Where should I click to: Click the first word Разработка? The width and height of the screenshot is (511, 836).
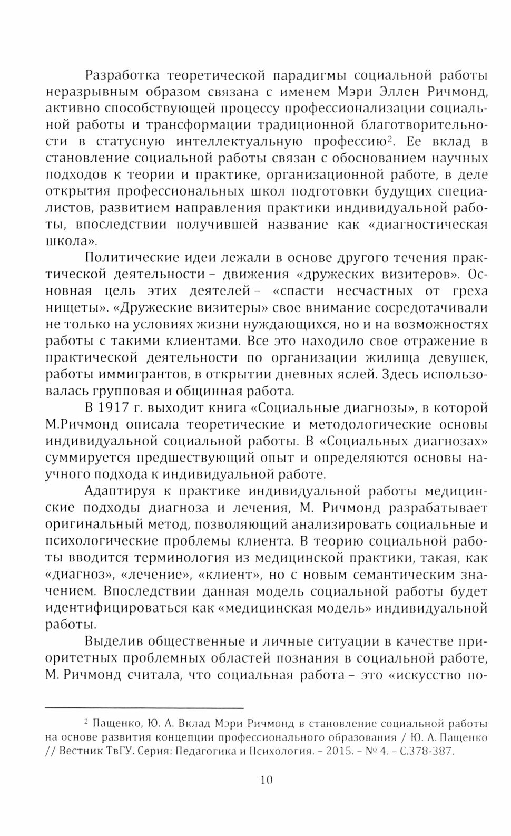[x=119, y=75]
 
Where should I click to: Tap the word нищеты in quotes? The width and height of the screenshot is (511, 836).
[x=67, y=308]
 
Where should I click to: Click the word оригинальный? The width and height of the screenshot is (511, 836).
[x=90, y=525]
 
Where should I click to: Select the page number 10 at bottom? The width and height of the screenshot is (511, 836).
[x=267, y=780]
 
